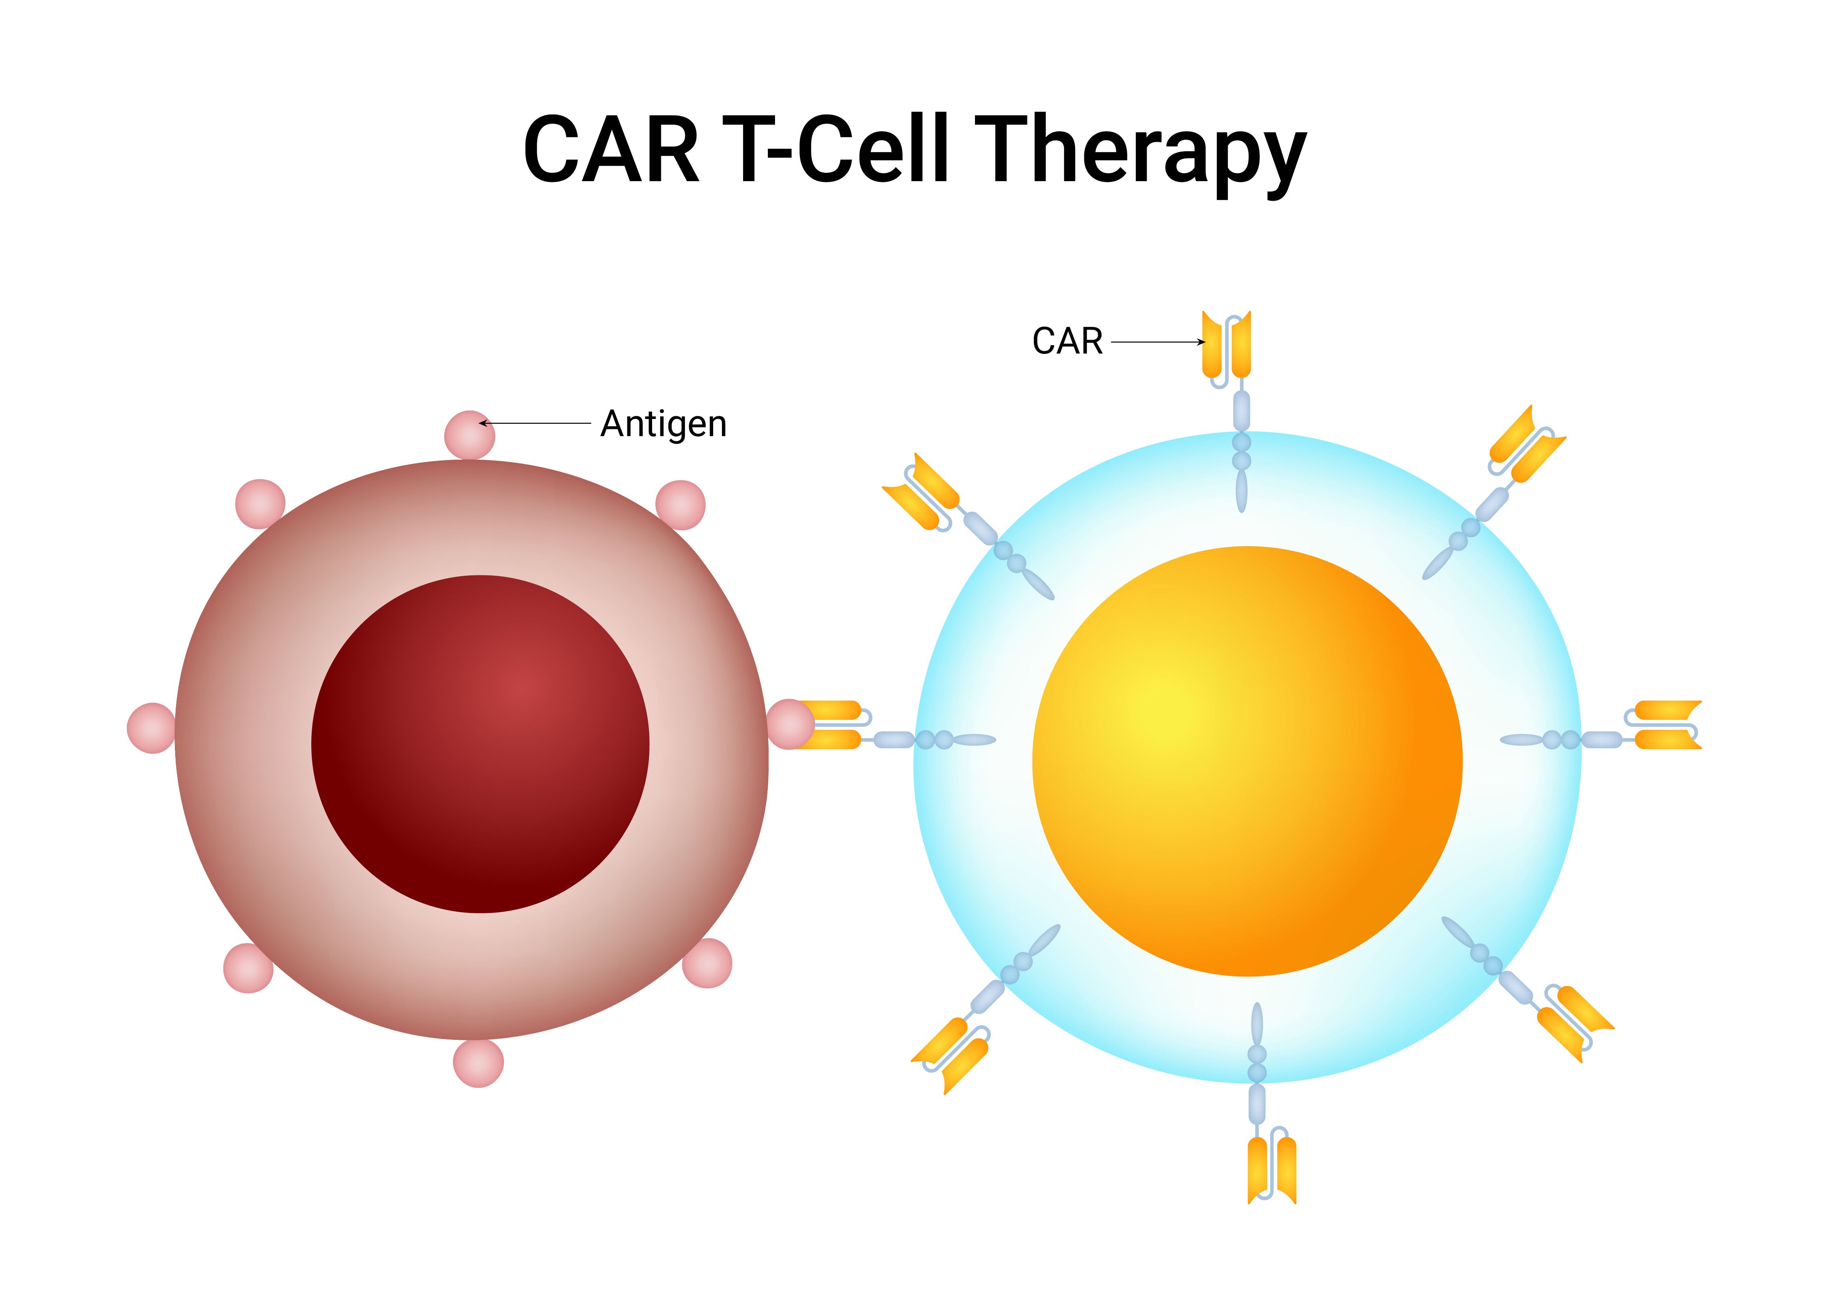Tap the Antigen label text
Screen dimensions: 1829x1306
point(664,424)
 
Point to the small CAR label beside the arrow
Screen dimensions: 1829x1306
point(1067,342)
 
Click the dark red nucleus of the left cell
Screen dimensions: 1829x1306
point(480,744)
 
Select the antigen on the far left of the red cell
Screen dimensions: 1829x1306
point(151,728)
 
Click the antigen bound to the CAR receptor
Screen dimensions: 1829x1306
point(790,724)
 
